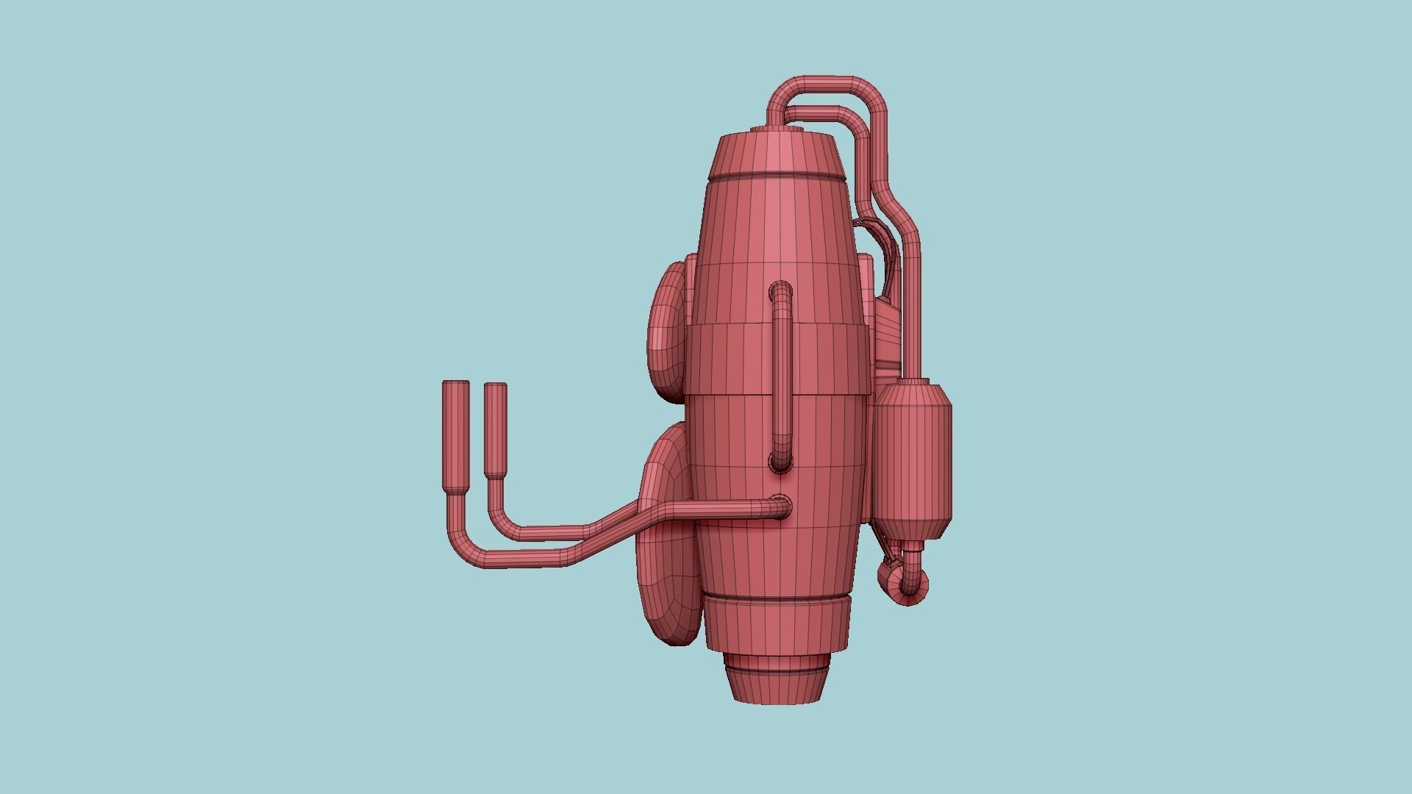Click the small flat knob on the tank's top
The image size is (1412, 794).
pyautogui.click(x=776, y=130)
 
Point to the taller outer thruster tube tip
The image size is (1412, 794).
pyautogui.click(x=455, y=390)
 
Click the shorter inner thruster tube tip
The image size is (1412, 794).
pyautogui.click(x=496, y=391)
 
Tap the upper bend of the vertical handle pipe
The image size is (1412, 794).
pyautogui.click(x=781, y=290)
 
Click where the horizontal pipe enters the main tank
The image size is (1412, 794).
pyautogui.click(x=781, y=507)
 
